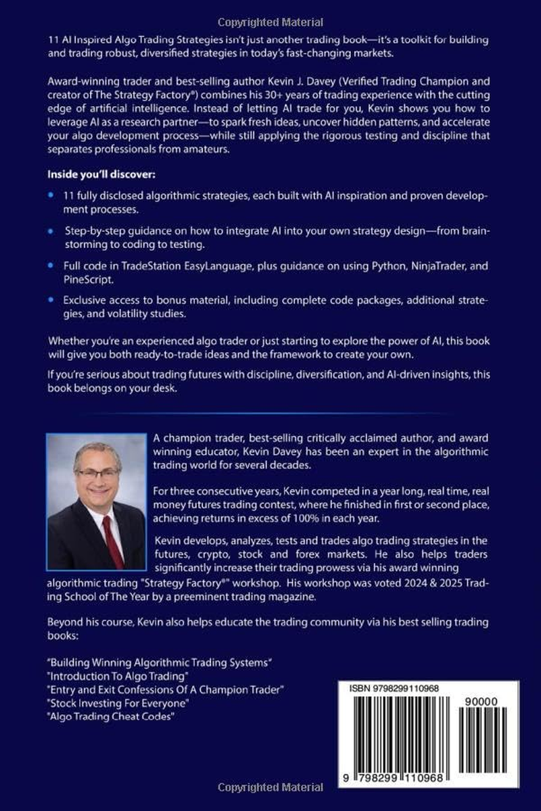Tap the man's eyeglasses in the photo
click(98, 474)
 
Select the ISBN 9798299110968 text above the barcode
click(394, 688)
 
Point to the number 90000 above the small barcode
click(482, 702)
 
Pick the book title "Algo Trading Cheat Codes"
click(112, 717)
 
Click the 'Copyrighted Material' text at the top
click(270, 22)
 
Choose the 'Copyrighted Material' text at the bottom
click(270, 787)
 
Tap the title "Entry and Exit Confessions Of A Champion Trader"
click(165, 689)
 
